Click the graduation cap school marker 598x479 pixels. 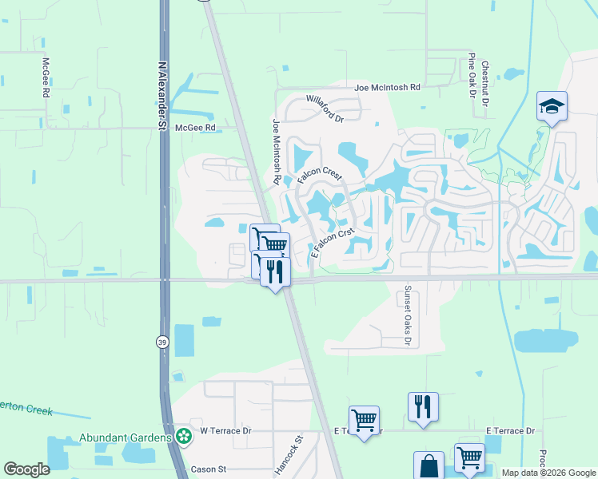pyautogui.click(x=552, y=107)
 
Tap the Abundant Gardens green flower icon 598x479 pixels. pyautogui.click(x=185, y=437)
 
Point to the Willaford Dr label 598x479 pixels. pyautogui.click(x=324, y=109)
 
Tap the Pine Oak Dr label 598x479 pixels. pyautogui.click(x=472, y=76)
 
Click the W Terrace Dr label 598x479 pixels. pyautogui.click(x=225, y=431)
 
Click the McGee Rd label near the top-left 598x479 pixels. pyautogui.click(x=46, y=77)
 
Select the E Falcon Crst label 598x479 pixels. pyautogui.click(x=332, y=243)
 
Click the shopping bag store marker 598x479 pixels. pyautogui.click(x=429, y=466)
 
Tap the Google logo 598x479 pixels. pyautogui.click(x=26, y=469)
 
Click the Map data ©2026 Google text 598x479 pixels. pyautogui.click(x=548, y=473)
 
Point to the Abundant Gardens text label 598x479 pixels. pyautogui.click(x=126, y=437)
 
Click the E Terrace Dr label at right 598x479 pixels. pyautogui.click(x=509, y=431)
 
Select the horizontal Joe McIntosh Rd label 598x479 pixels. pyautogui.click(x=387, y=88)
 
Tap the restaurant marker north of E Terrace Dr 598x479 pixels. pyautogui.click(x=423, y=406)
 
